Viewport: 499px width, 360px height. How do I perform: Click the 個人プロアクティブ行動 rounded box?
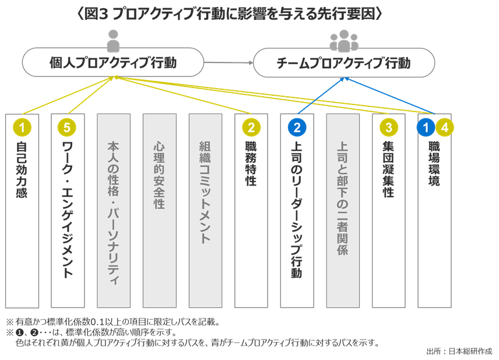tap(113, 62)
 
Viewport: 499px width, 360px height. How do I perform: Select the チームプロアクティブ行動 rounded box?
tap(344, 62)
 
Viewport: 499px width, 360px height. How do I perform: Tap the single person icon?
tap(113, 40)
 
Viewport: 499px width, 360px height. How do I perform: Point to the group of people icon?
tap(344, 40)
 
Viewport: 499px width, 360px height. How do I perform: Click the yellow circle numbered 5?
tap(68, 127)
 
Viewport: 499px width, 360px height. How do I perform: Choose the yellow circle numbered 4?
tap(445, 127)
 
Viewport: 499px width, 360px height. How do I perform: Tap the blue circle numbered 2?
tap(297, 127)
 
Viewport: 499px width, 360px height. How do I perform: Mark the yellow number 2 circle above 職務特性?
tap(251, 127)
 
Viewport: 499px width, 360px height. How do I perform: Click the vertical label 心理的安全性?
tap(159, 174)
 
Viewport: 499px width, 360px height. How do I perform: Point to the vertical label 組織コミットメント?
tap(205, 192)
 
